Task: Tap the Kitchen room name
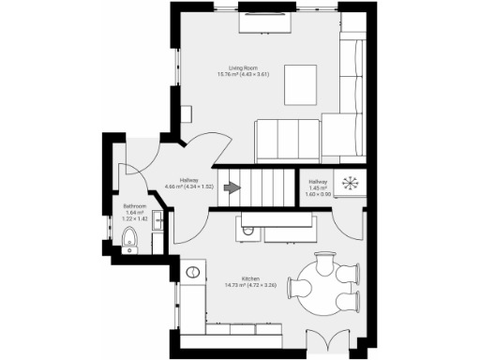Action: coord(250,279)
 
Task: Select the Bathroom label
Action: coord(134,205)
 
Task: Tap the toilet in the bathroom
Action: coord(130,243)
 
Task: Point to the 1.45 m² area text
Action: coord(318,188)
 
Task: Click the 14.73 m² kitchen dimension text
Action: coord(250,285)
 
